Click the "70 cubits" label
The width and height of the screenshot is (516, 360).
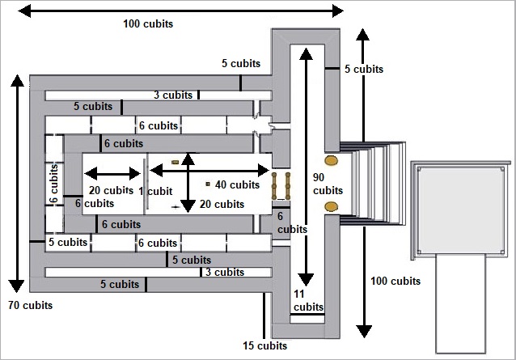[30, 305]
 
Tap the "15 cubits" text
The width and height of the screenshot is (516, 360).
[265, 345]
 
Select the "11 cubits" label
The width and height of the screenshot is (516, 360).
[308, 300]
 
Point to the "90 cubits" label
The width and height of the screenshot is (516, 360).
[328, 184]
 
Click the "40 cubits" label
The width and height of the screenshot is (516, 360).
[237, 184]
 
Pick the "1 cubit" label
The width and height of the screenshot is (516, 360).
[155, 191]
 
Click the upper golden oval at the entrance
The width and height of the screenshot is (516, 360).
[331, 160]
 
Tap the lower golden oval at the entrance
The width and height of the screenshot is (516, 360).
[331, 206]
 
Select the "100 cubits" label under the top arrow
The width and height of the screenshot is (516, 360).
[148, 23]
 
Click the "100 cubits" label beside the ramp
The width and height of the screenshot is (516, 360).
[395, 281]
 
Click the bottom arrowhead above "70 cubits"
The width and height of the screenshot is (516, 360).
[16, 286]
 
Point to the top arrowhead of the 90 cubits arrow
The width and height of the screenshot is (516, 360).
[306, 54]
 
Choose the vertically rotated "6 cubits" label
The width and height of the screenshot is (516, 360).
[53, 184]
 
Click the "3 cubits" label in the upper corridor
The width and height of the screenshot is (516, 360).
[173, 95]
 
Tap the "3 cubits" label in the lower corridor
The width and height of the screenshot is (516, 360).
[225, 272]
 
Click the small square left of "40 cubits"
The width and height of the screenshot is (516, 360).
[208, 184]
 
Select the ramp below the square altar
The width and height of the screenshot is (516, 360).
[461, 303]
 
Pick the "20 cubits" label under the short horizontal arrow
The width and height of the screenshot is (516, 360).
[111, 190]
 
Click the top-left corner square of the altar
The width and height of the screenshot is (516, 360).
[419, 169]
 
